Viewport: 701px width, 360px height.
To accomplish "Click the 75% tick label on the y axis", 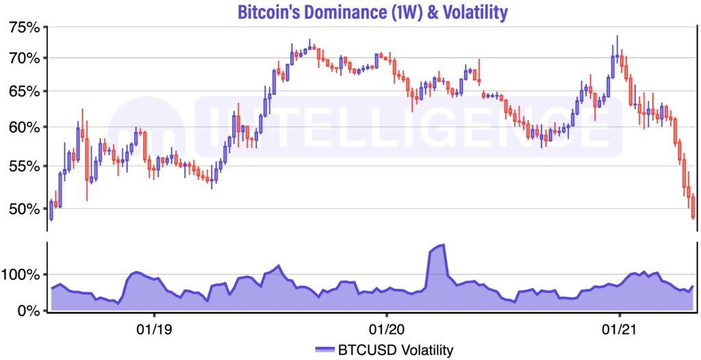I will pos(24,27).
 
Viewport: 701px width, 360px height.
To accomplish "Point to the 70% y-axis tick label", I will pos(24,57).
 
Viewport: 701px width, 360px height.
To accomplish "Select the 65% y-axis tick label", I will pos(24,92).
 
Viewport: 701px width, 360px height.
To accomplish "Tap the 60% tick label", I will pos(24,127).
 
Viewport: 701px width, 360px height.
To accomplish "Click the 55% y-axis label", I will pos(24,166).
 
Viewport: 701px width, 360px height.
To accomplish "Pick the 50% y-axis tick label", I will pos(24,208).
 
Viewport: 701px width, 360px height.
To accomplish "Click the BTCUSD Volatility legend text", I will pos(395,350).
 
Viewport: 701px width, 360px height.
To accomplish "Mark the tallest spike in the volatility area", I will pos(443,245).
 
